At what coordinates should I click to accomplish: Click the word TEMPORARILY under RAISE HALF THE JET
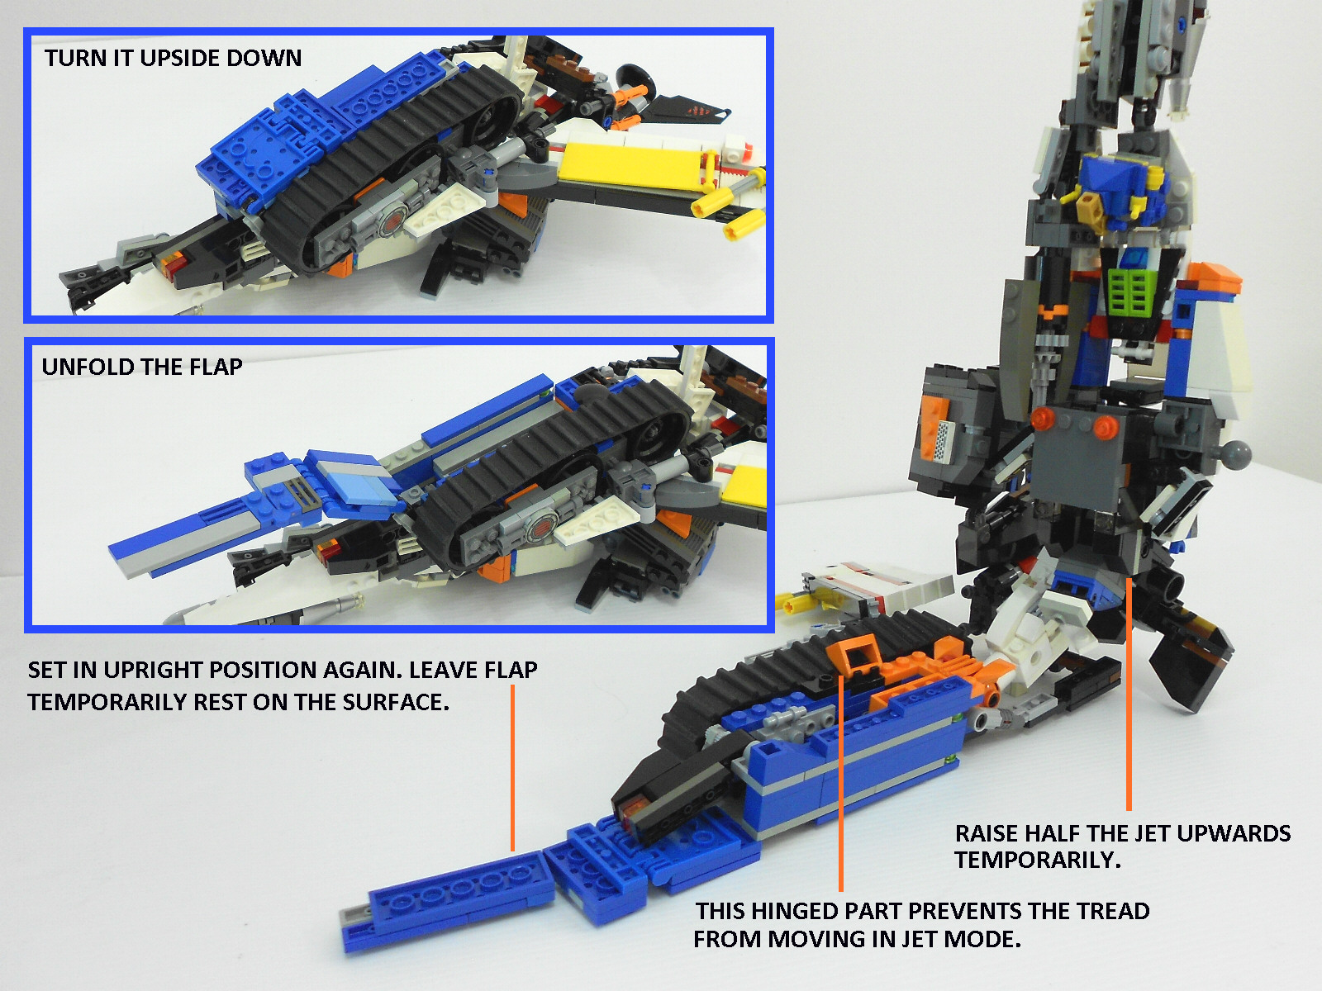click(1038, 860)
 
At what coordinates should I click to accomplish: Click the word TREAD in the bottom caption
click(1113, 911)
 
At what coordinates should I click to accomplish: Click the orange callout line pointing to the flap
click(512, 768)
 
